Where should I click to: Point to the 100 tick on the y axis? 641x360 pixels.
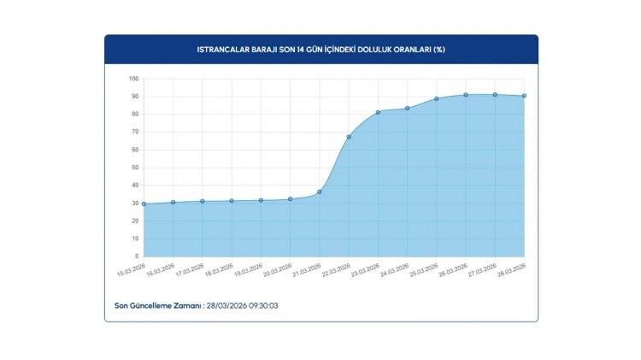[133, 80]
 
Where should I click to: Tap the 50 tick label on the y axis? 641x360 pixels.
[134, 168]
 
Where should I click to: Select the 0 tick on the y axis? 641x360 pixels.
[136, 256]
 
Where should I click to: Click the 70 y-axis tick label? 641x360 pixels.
[134, 133]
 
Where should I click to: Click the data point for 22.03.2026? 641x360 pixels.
[349, 137]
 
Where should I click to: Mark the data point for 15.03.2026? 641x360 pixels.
[144, 204]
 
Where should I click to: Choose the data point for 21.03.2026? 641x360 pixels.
[319, 192]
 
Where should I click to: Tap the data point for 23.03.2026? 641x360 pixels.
[378, 112]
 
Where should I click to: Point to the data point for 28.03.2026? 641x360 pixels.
[524, 96]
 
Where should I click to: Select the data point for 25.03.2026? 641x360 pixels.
[436, 99]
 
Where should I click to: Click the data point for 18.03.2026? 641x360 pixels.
[232, 201]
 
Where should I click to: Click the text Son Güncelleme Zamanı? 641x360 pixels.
[158, 304]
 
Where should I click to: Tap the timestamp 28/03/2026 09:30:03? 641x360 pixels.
[243, 304]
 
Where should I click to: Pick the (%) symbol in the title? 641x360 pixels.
[438, 50]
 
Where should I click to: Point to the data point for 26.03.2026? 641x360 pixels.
[466, 95]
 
